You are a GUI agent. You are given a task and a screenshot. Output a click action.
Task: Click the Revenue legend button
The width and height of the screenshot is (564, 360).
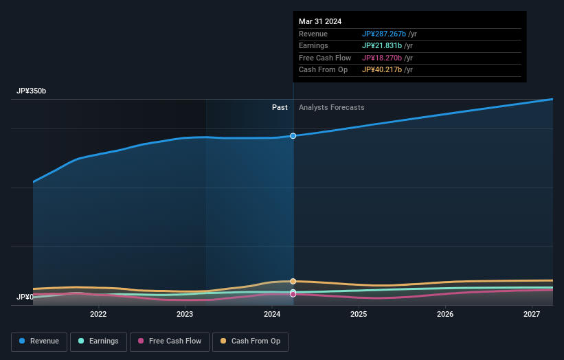click(x=39, y=341)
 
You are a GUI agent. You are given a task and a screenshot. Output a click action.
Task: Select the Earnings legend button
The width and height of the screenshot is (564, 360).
click(x=98, y=341)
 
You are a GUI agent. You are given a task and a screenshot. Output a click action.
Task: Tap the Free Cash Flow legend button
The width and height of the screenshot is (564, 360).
click(x=168, y=341)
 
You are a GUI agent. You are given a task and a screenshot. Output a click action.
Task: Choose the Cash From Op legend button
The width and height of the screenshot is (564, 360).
click(x=251, y=341)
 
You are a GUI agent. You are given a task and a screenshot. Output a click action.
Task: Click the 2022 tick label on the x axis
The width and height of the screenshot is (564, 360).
click(x=98, y=315)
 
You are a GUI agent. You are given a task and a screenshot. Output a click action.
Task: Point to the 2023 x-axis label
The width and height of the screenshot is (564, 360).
click(x=185, y=315)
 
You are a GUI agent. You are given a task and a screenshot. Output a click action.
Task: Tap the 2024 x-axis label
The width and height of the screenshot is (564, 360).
click(x=272, y=315)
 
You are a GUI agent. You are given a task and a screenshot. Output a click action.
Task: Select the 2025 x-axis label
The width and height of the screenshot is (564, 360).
click(x=359, y=315)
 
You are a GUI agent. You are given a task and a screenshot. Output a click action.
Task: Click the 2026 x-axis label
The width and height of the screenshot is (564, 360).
click(x=445, y=315)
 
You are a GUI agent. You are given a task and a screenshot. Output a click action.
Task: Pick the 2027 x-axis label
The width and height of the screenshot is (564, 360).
click(x=532, y=315)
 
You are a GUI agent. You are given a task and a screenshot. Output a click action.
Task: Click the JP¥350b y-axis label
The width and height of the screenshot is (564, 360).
click(x=31, y=91)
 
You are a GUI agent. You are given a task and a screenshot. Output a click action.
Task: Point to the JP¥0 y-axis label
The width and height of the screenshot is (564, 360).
click(x=25, y=297)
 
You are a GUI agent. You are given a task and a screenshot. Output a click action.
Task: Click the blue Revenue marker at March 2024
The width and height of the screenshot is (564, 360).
click(x=293, y=136)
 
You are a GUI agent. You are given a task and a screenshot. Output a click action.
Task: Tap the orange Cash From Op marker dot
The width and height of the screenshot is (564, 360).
click(x=293, y=282)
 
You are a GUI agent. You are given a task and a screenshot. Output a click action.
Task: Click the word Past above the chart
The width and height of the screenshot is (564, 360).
click(x=280, y=108)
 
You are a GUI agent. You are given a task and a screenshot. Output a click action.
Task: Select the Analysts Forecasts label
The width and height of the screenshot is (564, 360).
click(x=331, y=108)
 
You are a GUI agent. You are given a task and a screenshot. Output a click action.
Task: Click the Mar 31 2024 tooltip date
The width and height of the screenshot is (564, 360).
click(x=320, y=22)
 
